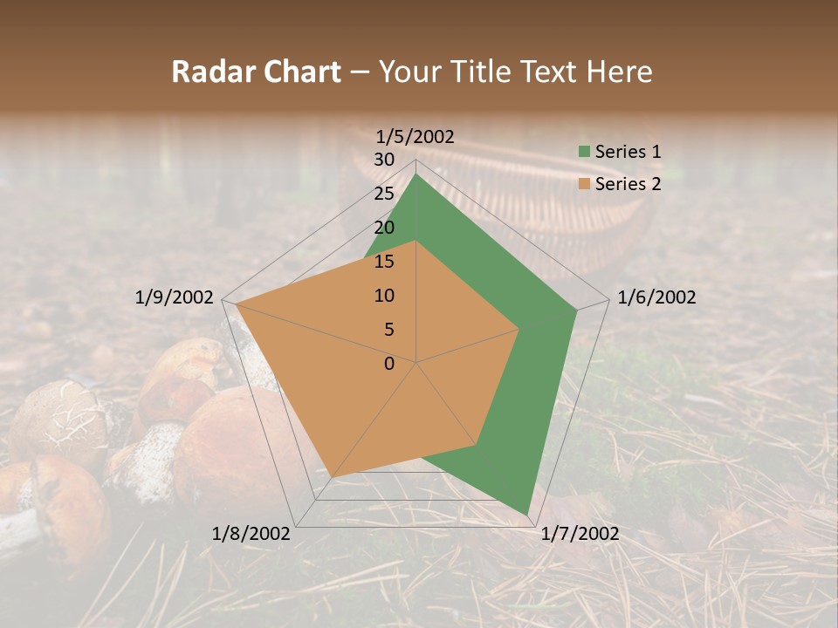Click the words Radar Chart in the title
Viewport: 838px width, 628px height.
pos(256,72)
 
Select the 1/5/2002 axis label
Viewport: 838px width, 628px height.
pos(415,136)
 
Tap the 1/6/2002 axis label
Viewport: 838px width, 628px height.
pos(656,297)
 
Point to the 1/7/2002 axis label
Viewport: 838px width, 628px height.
pos(580,534)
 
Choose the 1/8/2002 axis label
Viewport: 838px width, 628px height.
pos(251,534)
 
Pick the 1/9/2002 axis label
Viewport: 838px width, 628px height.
pos(175,297)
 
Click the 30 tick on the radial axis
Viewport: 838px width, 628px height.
pos(384,160)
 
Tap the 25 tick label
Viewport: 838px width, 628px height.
pos(384,194)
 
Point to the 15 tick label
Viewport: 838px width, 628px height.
pos(384,262)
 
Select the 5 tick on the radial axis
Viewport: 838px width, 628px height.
pos(389,330)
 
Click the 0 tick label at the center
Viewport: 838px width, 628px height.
pos(389,364)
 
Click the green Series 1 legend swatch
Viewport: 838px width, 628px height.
pos(584,152)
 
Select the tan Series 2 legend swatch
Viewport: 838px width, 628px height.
pos(584,184)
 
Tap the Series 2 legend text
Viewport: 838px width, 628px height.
pos(628,184)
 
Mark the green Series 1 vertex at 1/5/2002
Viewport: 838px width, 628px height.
pos(416,174)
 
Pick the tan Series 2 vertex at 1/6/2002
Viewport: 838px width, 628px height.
pos(519,330)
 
